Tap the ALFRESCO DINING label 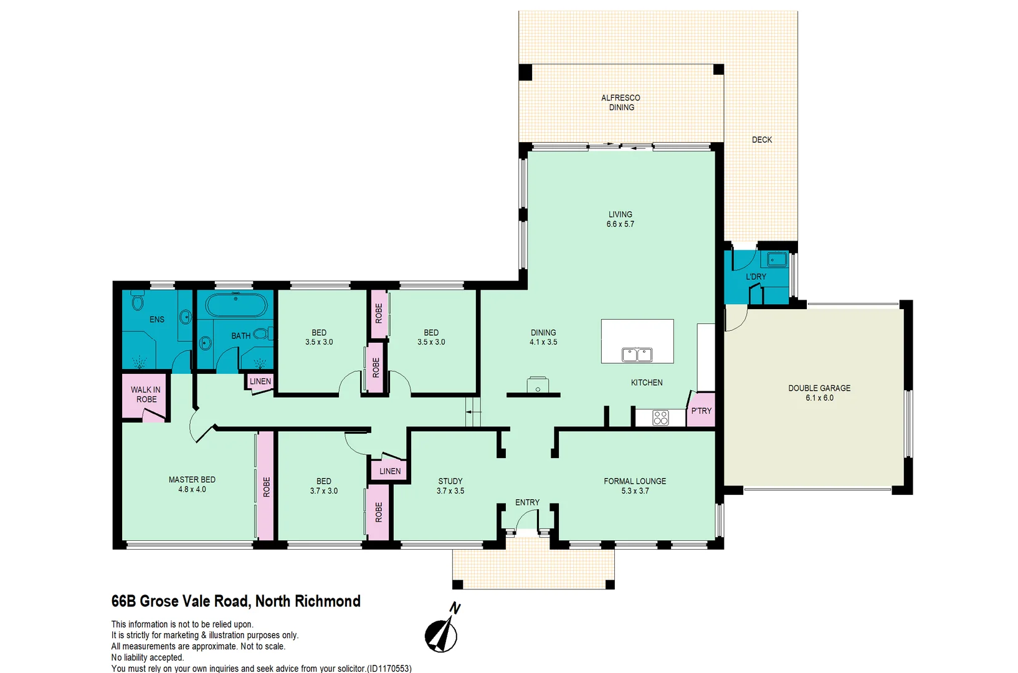(621, 103)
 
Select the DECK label (761, 140)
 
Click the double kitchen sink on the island (637, 355)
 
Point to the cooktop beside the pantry (660, 418)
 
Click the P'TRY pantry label (701, 411)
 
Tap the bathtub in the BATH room (236, 306)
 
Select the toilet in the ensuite (138, 302)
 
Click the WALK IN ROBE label (146, 394)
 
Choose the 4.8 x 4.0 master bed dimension (192, 490)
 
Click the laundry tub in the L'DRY (776, 259)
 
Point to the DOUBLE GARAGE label (819, 388)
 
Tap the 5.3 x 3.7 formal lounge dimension (635, 491)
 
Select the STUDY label (450, 481)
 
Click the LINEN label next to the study (390, 471)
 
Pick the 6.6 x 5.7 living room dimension (620, 224)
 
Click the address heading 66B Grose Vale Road (235, 601)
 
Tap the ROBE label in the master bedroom (266, 487)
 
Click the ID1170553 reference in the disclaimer (389, 669)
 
